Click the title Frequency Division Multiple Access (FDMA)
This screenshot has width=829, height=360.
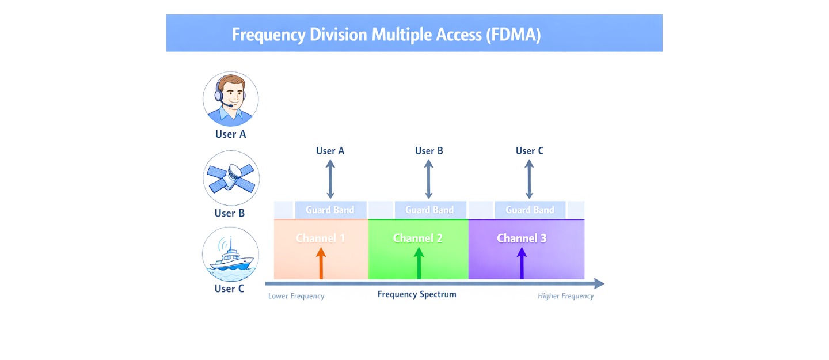point(386,35)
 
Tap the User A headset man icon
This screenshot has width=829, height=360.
point(230,99)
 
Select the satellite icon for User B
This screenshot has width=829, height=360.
point(231,178)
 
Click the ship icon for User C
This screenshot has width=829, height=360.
point(231,255)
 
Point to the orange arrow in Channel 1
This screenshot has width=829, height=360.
point(321,264)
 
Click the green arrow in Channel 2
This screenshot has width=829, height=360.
point(419,264)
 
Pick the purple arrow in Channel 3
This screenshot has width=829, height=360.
point(522,264)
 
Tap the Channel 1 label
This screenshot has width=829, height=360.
point(321,238)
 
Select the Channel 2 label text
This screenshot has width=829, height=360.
point(418,238)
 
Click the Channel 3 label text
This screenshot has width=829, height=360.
point(522,238)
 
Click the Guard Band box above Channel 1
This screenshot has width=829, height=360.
point(330,210)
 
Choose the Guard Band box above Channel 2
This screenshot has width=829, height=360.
point(429,210)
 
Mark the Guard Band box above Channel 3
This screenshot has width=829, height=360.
point(530,210)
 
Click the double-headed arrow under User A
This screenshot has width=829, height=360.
point(330,179)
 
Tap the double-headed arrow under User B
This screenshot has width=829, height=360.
point(429,179)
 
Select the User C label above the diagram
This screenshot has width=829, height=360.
point(530,151)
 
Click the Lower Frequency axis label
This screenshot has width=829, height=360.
point(296,296)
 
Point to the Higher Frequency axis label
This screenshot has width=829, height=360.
point(565,296)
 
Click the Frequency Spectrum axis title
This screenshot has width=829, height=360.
point(417,294)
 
